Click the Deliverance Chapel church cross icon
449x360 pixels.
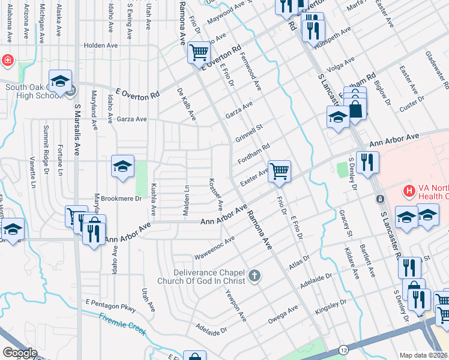[255, 275]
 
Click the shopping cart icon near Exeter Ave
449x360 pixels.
[279, 171]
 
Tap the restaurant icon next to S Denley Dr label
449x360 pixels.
[367, 162]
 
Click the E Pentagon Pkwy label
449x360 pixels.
[110, 305]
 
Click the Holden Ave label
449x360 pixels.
[101, 45]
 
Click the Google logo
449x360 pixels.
[20, 353]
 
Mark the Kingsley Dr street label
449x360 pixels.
[330, 308]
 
